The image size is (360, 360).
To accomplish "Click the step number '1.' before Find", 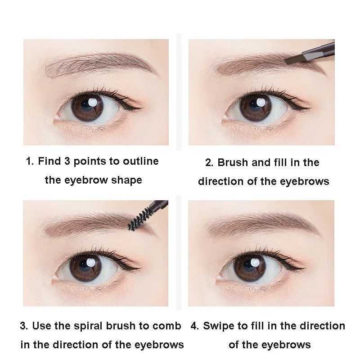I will click(30, 161).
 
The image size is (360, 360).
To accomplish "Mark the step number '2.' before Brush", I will click(209, 162).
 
